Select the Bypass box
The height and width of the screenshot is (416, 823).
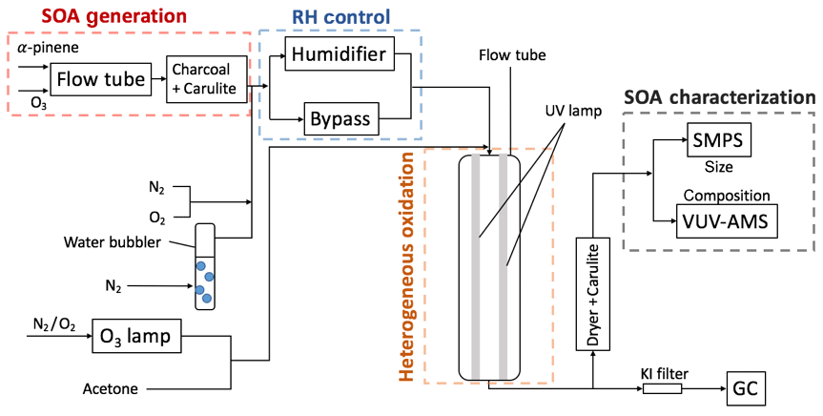tap(339, 121)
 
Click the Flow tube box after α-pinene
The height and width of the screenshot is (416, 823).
tap(99, 78)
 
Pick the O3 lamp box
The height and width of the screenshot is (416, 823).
tap(136, 338)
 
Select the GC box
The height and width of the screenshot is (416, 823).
tap(744, 389)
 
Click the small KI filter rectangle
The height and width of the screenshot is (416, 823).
tap(662, 389)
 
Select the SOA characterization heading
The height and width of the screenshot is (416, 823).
tap(718, 97)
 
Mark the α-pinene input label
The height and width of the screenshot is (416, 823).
tap(35, 46)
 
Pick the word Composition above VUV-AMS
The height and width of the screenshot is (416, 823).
tap(727, 195)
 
